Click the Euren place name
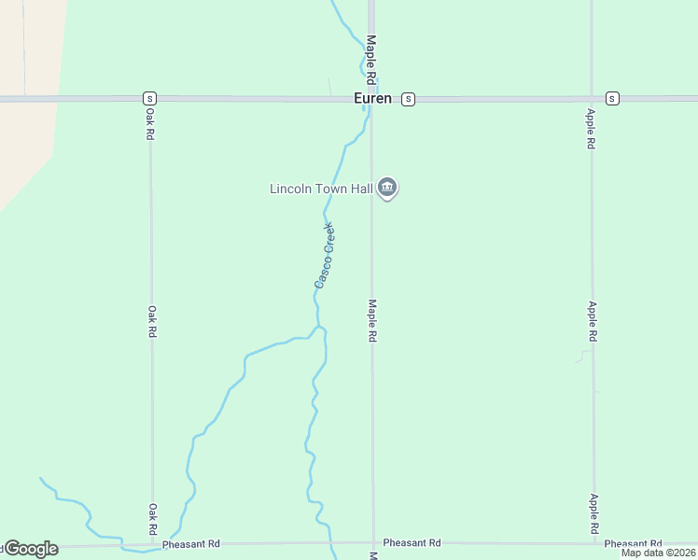[x=372, y=98]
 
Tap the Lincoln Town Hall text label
[x=321, y=189]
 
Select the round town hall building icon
[x=388, y=189]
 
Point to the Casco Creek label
[x=325, y=254]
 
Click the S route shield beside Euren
[x=408, y=99]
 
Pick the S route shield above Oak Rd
[x=149, y=98]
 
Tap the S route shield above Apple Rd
[x=612, y=98]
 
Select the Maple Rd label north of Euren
[x=370, y=57]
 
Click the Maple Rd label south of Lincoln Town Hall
[x=371, y=320]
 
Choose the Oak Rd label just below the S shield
[x=149, y=122]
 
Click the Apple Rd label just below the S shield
[x=590, y=129]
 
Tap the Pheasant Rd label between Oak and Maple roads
[x=190, y=543]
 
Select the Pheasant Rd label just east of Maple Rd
[x=412, y=542]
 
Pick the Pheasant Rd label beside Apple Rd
[x=633, y=543]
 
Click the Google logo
[x=30, y=549]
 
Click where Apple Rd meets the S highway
[x=591, y=98]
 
